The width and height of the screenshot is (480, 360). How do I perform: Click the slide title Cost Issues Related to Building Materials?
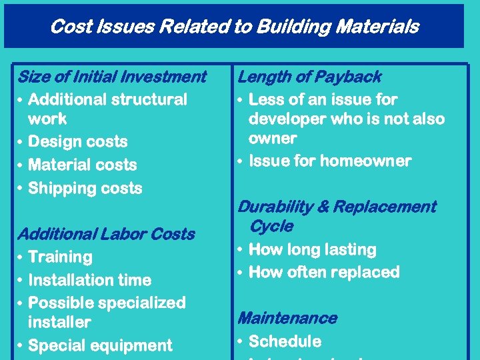pos(234,27)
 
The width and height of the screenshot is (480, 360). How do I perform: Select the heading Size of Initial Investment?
pos(112,77)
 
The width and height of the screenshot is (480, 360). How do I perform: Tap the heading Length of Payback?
pos(309,77)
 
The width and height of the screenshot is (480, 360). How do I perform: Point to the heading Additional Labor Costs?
pos(106,234)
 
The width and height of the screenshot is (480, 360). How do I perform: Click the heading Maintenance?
pos(287,319)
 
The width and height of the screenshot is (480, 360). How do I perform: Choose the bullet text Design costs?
pos(78,142)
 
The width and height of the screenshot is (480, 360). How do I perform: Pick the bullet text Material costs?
pos(83,165)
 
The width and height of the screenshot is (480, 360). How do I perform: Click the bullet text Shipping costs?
pos(85,188)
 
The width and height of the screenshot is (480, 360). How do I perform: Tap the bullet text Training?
pos(61,257)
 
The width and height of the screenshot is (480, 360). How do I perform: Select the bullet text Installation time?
pos(90,280)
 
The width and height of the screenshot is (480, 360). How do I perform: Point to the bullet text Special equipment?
pos(101,345)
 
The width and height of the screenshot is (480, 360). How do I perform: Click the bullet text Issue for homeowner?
pos(330,161)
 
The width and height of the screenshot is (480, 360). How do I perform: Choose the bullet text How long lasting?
pos(312,250)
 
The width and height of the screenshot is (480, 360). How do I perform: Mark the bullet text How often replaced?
pos(324,273)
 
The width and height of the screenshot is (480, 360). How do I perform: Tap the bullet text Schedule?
pos(285,341)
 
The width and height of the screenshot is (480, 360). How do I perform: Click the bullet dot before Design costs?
pos(21,142)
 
